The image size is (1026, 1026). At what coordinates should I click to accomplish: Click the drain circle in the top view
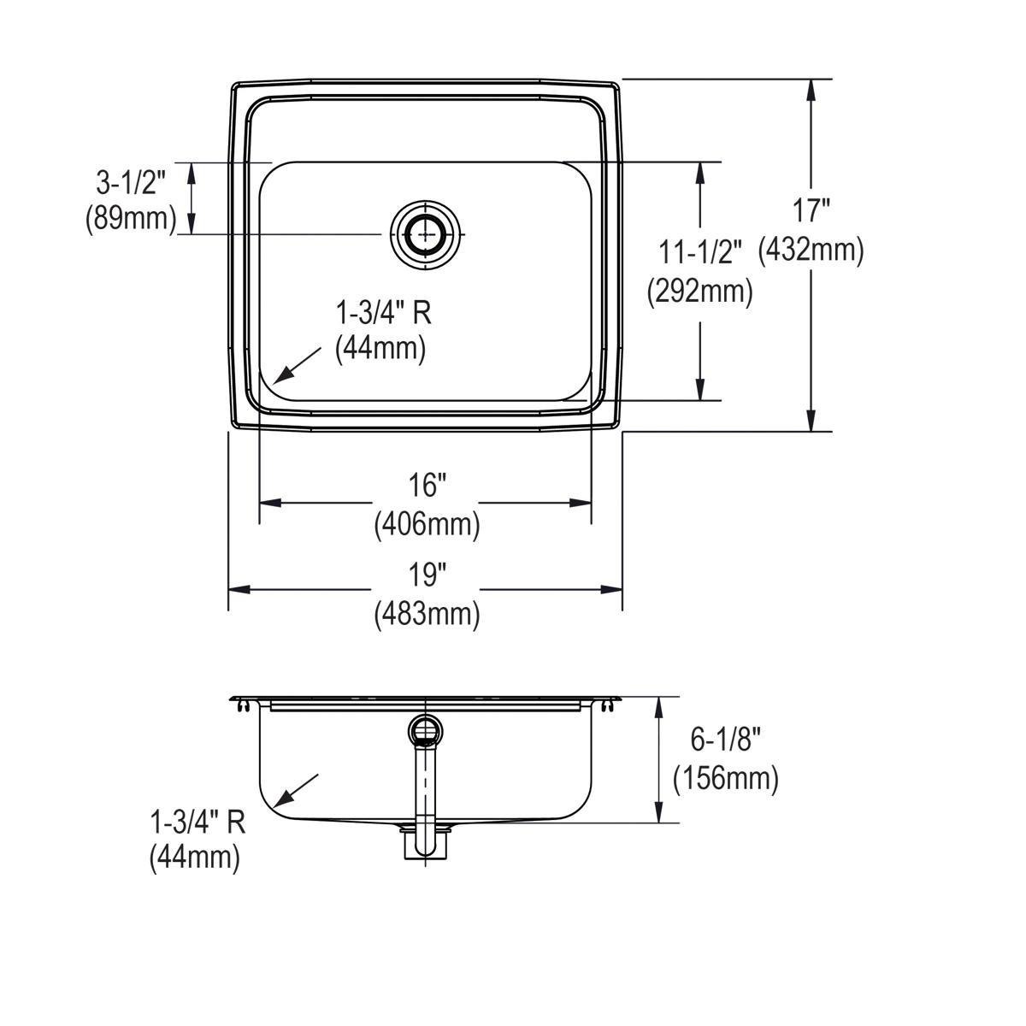point(425,233)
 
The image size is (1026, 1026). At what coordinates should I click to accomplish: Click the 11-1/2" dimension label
point(700,252)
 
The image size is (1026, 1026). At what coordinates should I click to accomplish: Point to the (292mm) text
point(700,292)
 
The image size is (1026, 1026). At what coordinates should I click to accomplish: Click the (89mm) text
point(131,219)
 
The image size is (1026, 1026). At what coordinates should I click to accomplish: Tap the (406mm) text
point(427,523)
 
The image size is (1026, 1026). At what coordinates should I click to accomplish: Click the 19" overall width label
point(427,575)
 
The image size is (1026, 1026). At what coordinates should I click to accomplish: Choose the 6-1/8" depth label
point(726,739)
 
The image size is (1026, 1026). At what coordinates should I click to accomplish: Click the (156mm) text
point(726,778)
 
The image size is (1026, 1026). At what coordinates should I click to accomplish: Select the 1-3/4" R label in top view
point(383,313)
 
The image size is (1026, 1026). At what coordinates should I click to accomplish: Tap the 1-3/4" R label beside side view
point(198,822)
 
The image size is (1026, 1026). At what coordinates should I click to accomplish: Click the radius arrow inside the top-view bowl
point(295,363)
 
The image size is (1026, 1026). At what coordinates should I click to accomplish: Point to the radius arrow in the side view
point(295,789)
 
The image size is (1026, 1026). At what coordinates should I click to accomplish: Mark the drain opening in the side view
point(425,730)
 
